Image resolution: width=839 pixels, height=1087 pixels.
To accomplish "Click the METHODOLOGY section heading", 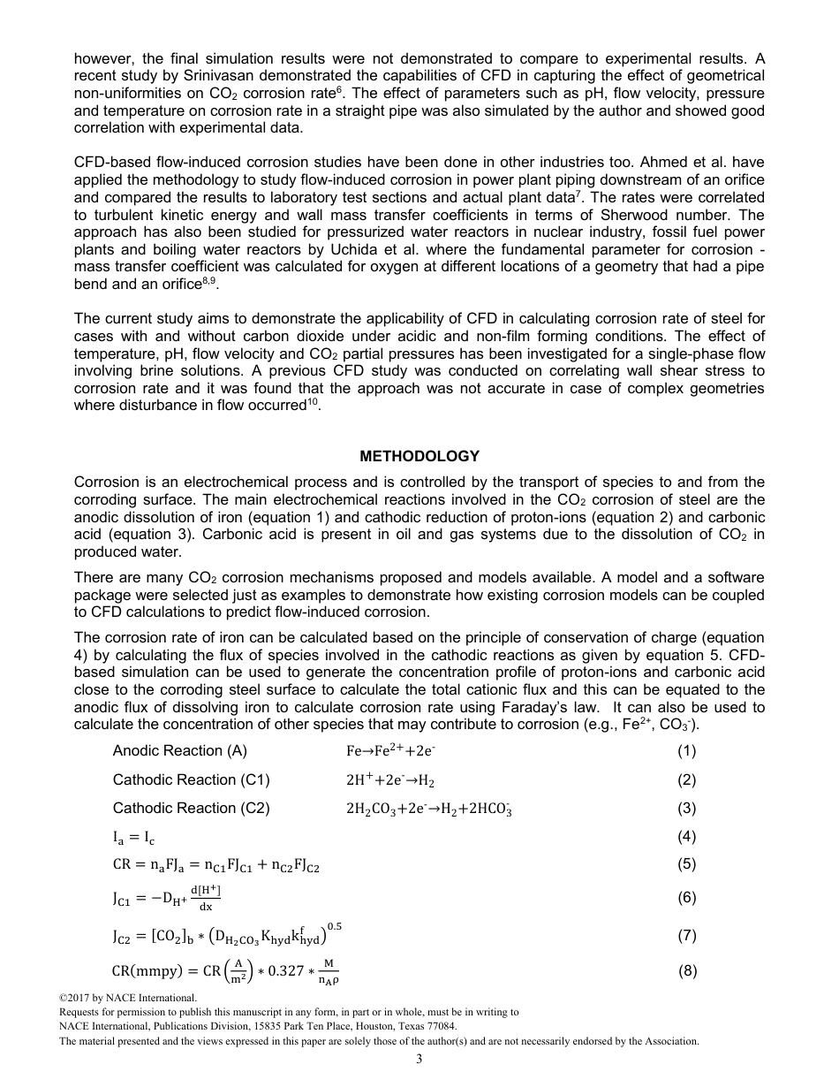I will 419,456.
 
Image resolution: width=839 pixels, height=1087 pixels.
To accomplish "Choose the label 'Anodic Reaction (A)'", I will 180,750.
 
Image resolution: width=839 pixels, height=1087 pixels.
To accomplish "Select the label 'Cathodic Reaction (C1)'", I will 191,779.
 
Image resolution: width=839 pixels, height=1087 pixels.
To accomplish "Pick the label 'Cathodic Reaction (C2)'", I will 191,808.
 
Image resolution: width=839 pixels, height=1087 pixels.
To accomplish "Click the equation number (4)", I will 686,836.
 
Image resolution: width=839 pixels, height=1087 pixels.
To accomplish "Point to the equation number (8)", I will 686,971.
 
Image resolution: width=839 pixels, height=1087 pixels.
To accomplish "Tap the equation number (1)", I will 686,750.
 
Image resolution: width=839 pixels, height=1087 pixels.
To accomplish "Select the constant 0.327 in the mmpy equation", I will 280,971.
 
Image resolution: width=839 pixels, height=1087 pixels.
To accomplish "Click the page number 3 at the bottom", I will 419,1060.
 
